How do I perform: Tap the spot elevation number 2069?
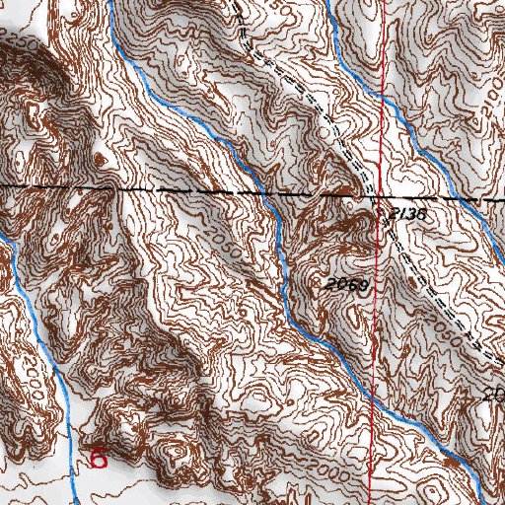tap(344, 285)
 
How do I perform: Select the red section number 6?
tap(99, 458)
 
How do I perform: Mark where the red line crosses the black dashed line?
tap(378, 195)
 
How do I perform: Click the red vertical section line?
tap(376, 296)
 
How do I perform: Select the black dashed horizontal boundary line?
tap(148, 187)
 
